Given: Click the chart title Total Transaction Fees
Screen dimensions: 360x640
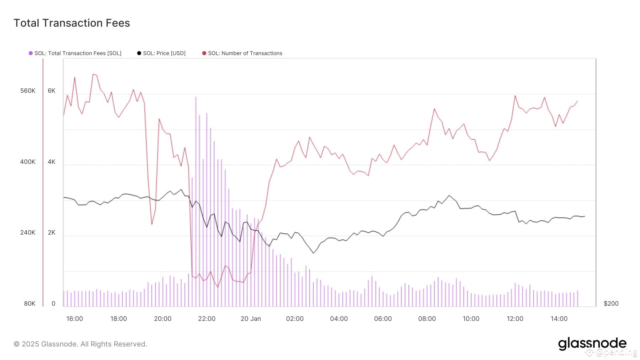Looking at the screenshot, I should tap(72, 23).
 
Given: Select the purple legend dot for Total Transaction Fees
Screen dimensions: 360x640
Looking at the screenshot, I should tap(31, 53).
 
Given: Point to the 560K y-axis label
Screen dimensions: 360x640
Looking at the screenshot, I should tap(28, 91).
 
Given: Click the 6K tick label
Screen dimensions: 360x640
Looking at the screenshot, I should tap(52, 91).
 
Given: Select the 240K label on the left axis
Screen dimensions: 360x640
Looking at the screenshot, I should tap(28, 233).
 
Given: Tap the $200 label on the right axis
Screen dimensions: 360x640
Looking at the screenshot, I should tap(611, 303).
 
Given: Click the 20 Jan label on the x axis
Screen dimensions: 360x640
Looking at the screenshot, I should tap(251, 319).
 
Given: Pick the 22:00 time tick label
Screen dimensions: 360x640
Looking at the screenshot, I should tap(207, 319).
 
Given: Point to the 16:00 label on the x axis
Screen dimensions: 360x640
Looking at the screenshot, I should tap(75, 319).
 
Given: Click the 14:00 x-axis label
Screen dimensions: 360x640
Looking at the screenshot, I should tap(559, 319).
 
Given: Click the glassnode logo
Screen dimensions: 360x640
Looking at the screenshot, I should tap(592, 344).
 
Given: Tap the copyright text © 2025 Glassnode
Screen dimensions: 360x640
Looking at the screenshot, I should tap(80, 344).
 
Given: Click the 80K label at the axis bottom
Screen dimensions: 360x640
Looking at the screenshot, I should tap(30, 303).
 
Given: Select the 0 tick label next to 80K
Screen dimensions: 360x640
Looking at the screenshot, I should tap(53, 303).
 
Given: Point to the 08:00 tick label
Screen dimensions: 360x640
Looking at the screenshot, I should tap(427, 319).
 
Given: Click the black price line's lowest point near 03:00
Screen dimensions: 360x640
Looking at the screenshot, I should tap(313, 253).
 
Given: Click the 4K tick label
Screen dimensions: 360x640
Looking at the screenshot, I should tap(52, 162).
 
